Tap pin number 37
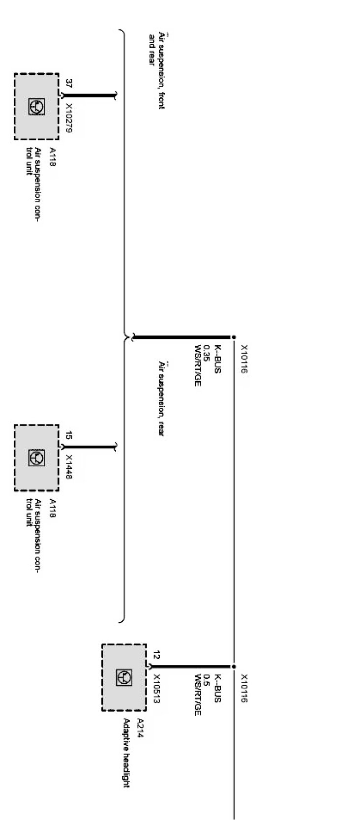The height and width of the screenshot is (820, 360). click(x=69, y=84)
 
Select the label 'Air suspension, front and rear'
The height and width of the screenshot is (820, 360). click(x=157, y=70)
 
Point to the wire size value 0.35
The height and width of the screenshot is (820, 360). click(x=207, y=352)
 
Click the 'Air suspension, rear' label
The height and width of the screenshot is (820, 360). click(x=161, y=398)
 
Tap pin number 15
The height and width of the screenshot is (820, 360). click(x=69, y=435)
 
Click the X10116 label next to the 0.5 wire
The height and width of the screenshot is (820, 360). click(x=244, y=688)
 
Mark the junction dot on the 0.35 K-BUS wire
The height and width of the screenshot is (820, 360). click(x=234, y=337)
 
